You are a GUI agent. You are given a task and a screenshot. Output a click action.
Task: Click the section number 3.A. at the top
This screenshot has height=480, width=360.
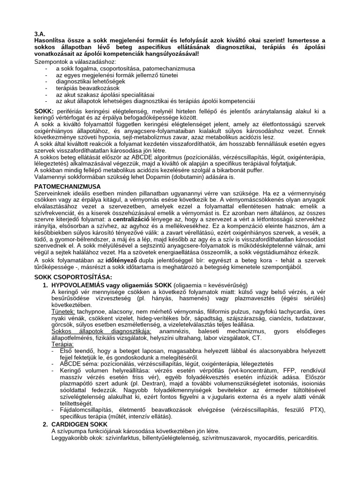tap(40, 34)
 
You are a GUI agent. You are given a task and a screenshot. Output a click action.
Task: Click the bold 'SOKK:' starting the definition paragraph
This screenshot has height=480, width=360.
tap(44, 110)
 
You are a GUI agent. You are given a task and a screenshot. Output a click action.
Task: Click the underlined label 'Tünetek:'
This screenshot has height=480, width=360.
tap(63, 311)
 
